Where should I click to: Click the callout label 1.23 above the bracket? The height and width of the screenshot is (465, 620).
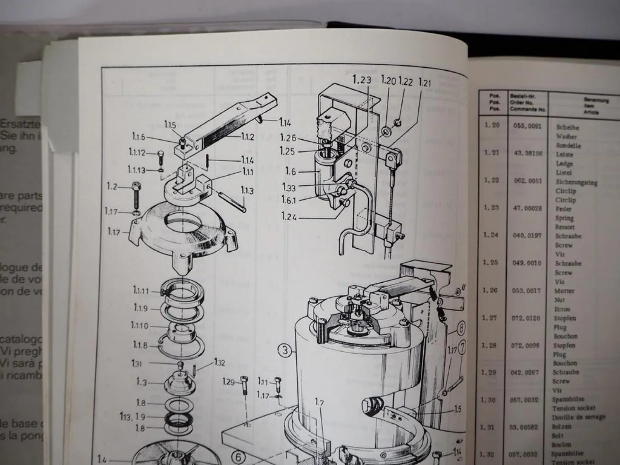362,80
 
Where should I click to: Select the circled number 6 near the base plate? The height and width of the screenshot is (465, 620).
238,457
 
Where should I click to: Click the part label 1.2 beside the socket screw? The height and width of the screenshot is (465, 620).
112,187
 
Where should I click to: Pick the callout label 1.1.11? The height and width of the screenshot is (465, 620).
141,291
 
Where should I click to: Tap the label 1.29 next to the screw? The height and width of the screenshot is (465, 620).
228,381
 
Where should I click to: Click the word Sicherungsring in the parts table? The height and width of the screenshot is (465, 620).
577,182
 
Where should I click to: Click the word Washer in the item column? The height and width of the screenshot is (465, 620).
566,136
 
